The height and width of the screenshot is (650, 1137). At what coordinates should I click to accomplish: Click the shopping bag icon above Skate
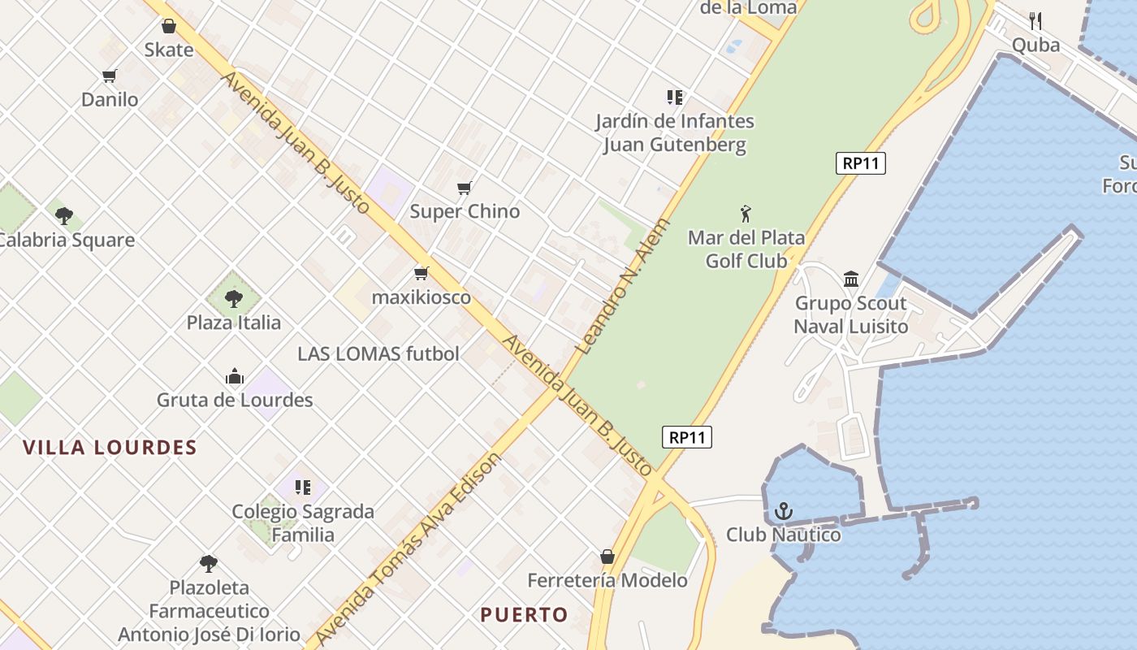click(x=169, y=27)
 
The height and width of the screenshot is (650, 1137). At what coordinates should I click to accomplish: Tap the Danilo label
click(x=110, y=100)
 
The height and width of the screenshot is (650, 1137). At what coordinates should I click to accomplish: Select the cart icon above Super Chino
click(x=465, y=188)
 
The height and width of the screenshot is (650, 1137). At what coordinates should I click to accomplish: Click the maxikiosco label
click(x=421, y=297)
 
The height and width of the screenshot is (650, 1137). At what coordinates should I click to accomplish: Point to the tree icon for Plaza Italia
click(x=234, y=298)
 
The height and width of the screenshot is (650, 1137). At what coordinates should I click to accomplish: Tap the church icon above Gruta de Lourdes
click(x=235, y=376)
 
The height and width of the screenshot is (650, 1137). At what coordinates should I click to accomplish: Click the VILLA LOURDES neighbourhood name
click(x=110, y=448)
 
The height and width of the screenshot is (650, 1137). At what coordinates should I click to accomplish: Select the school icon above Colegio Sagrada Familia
click(x=303, y=487)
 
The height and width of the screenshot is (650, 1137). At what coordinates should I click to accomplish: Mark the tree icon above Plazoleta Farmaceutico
click(x=209, y=563)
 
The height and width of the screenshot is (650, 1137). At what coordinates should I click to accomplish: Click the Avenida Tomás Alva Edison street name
click(x=409, y=549)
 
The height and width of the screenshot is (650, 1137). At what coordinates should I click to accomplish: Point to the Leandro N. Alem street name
click(x=623, y=285)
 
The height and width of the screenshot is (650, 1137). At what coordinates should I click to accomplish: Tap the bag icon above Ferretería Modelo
click(x=607, y=557)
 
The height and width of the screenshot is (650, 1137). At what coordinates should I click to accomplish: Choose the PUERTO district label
click(x=524, y=615)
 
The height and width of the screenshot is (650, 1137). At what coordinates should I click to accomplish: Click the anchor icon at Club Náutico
click(x=784, y=511)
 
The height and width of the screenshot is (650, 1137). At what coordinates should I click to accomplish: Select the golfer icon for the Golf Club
click(x=746, y=214)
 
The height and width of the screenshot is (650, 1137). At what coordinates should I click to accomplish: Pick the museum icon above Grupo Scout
click(x=851, y=279)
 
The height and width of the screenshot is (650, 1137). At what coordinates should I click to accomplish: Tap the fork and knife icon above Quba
click(x=1035, y=20)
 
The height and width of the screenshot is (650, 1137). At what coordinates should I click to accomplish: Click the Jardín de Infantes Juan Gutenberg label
click(x=675, y=133)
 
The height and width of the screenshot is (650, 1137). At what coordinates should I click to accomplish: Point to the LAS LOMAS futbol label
click(x=378, y=354)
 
